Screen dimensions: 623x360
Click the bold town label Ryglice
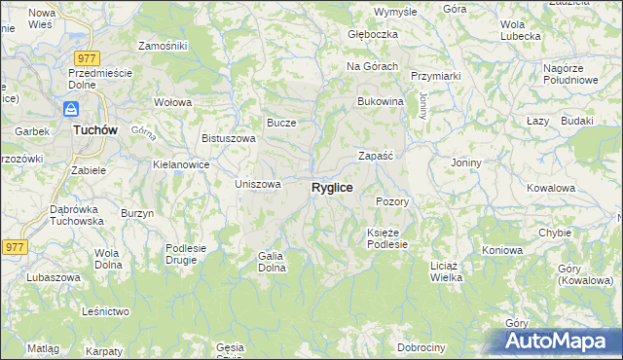pos(332,187)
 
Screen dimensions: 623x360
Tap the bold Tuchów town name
pos(96,129)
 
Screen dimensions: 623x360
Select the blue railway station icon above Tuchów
pos(71,109)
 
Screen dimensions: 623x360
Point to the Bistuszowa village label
pos(229,138)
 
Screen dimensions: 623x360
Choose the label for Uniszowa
pos(258,184)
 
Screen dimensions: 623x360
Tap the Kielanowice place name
pos(182,164)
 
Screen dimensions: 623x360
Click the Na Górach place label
pos(373,66)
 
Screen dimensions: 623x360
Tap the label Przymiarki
pos(435,75)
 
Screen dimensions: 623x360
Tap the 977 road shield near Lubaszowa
pos(13,247)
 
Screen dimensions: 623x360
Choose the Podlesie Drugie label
pos(186,254)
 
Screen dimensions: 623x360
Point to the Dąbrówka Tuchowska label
pos(77,215)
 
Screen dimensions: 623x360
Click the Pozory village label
pos(391,201)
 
